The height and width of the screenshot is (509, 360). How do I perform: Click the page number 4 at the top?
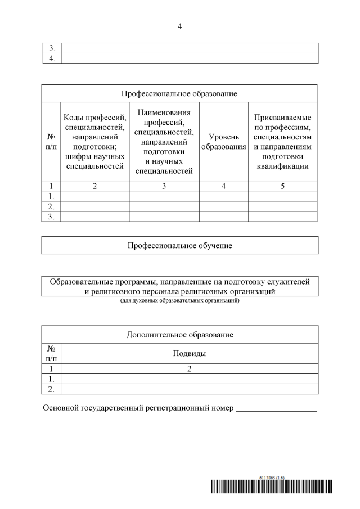[180, 26]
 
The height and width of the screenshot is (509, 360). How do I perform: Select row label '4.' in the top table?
[52, 58]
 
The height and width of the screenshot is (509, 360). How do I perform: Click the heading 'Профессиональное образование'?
[180, 93]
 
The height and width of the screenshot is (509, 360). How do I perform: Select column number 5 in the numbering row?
[283, 186]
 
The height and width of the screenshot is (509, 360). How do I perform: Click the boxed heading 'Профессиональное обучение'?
[180, 245]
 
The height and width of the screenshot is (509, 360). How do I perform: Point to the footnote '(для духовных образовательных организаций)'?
[180, 301]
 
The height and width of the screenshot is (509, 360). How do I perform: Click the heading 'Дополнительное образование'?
[180, 335]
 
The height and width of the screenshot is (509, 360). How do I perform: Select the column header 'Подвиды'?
[190, 354]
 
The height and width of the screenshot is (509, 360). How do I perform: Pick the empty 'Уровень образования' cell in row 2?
[224, 206]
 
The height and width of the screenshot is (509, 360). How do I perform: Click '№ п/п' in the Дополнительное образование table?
[52, 354]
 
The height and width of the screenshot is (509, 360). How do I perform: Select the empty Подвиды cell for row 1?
[190, 379]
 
